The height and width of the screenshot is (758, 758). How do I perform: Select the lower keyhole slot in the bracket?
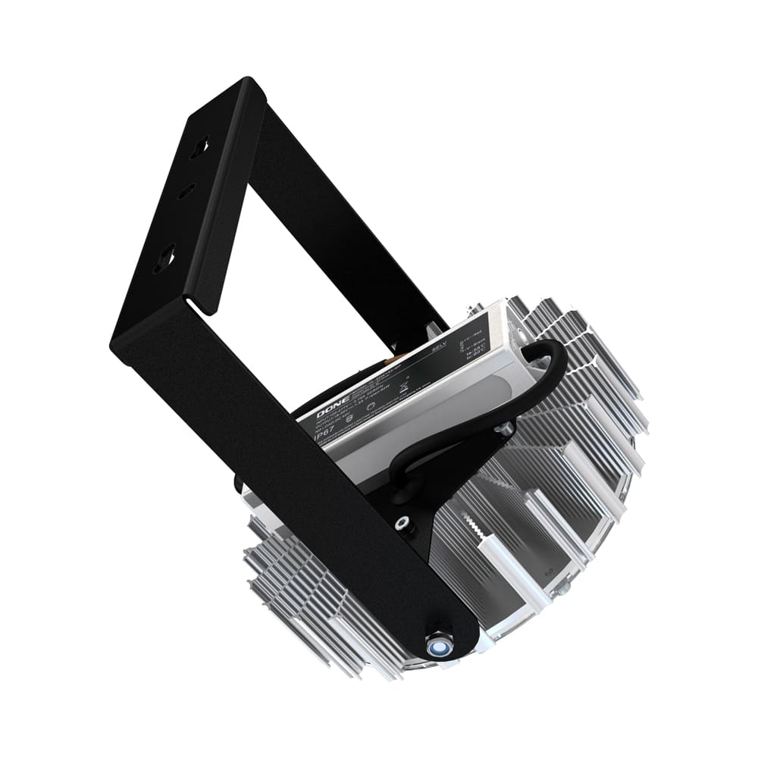coord(164,259)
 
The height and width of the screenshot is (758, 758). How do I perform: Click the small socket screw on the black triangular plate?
coord(402,522)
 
